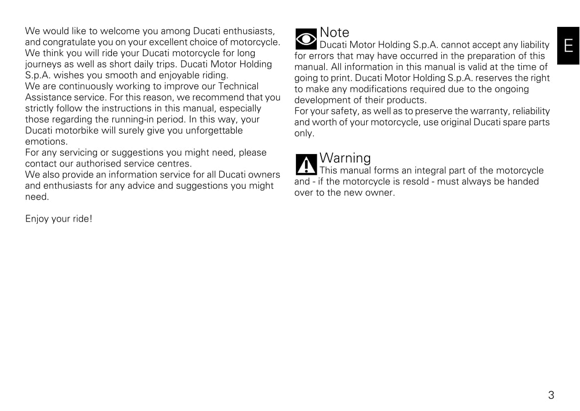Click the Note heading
(x=334, y=32)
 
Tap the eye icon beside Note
(x=306, y=39)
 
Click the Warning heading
(x=345, y=158)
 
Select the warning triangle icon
(x=306, y=164)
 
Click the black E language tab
(x=568, y=46)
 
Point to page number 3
(x=551, y=396)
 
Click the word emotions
(x=46, y=142)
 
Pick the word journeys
(x=43, y=65)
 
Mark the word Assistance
(x=48, y=97)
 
